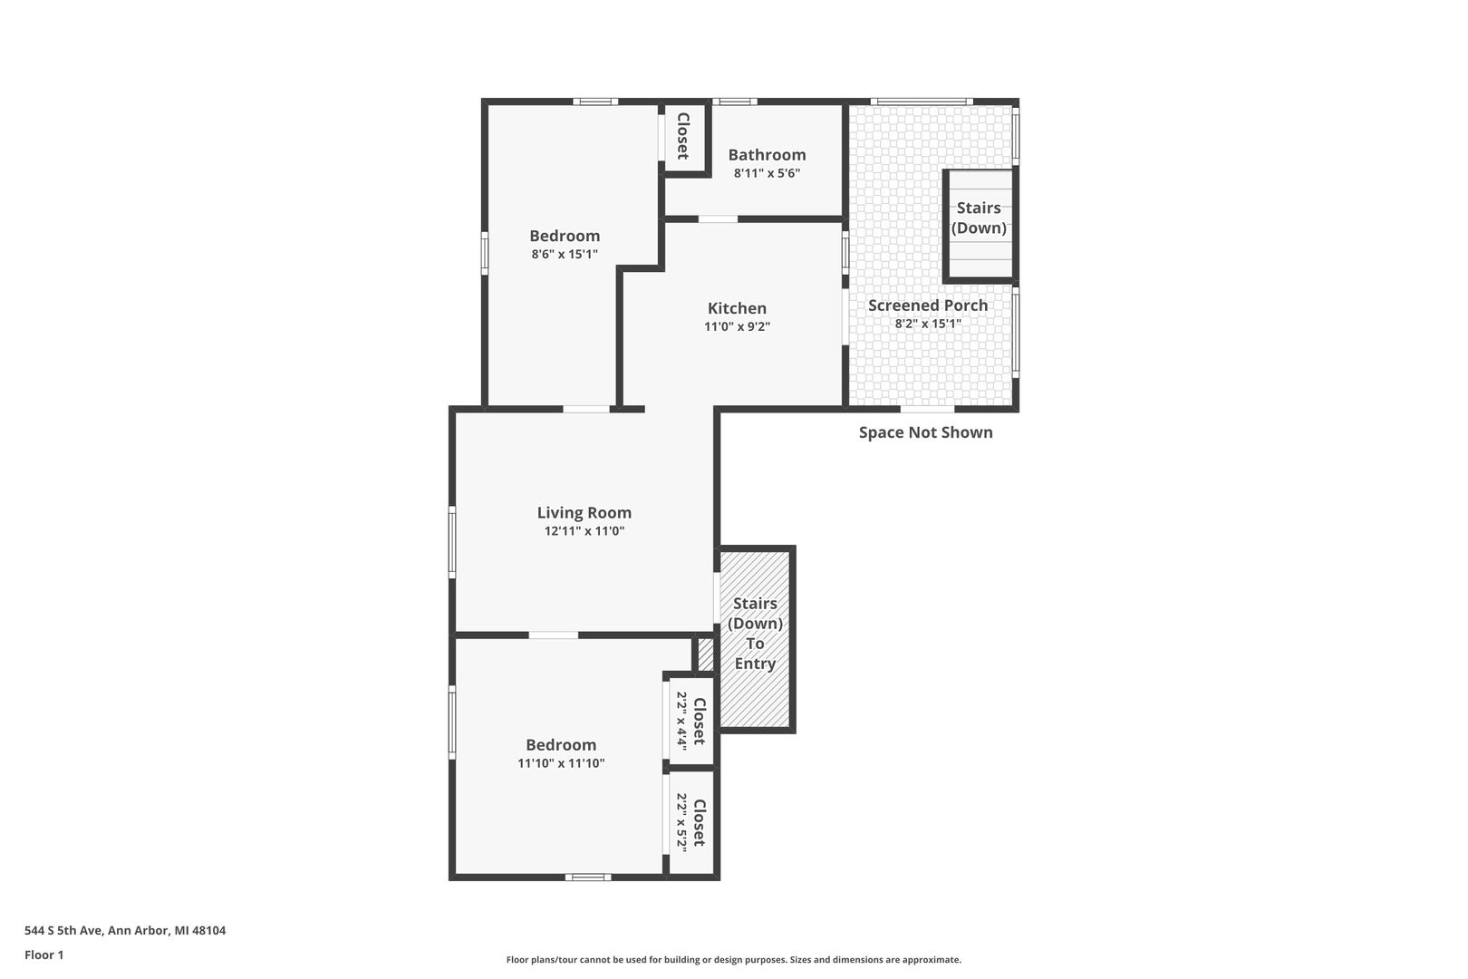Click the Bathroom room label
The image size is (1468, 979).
[767, 155]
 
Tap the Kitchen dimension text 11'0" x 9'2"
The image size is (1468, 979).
[737, 326]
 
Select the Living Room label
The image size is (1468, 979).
[584, 513]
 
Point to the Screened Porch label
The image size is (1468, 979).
[928, 305]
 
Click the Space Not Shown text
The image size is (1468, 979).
[925, 432]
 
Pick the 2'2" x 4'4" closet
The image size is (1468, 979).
[691, 721]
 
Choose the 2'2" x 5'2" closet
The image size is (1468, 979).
[691, 822]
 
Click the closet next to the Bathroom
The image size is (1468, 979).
[684, 136]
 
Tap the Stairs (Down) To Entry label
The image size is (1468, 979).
[755, 634]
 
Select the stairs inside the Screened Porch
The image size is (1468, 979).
[980, 224]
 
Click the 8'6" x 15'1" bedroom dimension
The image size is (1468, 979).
[565, 255]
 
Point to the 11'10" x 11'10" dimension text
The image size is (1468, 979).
[561, 763]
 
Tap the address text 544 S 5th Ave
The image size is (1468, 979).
[63, 930]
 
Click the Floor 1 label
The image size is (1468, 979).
[43, 955]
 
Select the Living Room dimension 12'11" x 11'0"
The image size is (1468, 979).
[584, 531]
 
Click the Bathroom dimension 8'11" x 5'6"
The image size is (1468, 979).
[767, 174]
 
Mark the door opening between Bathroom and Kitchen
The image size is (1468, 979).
[718, 219]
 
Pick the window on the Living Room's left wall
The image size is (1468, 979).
[452, 542]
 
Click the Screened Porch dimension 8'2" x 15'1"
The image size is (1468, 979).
[928, 324]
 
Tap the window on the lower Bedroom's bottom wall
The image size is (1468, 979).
[588, 877]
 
